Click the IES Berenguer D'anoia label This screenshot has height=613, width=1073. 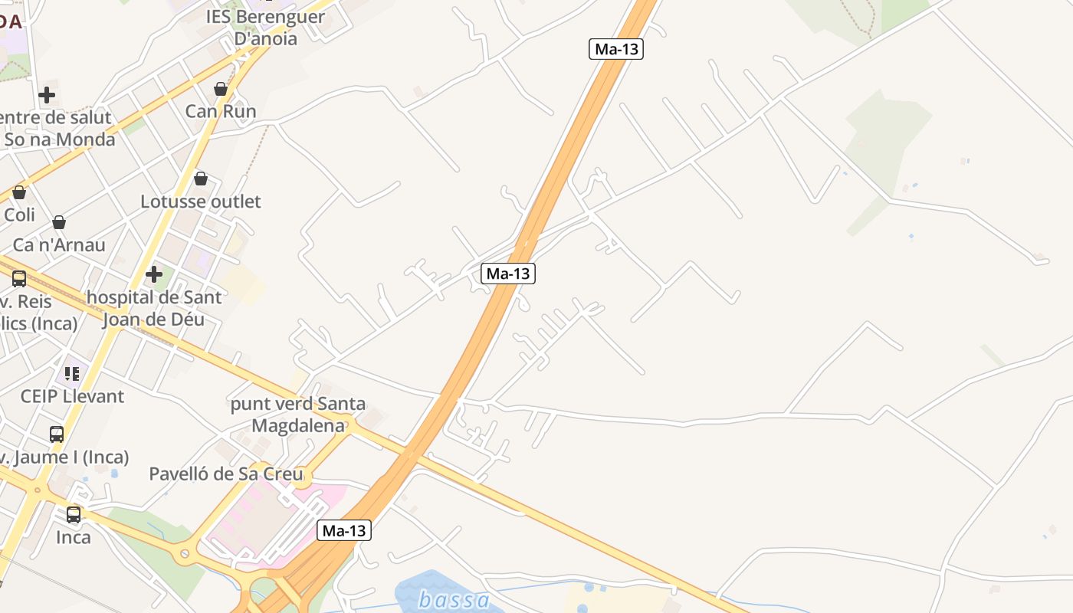(265, 27)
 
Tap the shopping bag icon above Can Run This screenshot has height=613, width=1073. (221, 89)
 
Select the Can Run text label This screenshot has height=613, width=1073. (221, 112)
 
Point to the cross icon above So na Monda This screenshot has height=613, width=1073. (47, 96)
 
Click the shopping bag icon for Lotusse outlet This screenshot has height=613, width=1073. (201, 179)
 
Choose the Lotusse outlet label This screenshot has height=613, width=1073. (201, 202)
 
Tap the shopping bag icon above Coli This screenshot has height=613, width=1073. (19, 192)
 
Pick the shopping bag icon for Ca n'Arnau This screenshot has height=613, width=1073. (59, 222)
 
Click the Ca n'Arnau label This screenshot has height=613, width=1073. (59, 245)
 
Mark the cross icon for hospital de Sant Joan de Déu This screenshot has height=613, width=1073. (154, 274)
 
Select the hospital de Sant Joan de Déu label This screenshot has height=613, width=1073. (154, 307)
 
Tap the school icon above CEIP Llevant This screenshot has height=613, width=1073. (72, 373)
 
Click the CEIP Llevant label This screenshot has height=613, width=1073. (72, 396)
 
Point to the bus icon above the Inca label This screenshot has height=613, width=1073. (74, 514)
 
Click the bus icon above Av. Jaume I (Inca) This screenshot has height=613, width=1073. (57, 434)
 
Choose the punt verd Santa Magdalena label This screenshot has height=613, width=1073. (298, 415)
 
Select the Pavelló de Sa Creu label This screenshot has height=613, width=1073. (226, 474)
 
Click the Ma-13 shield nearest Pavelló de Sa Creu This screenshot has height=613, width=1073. (344, 530)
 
